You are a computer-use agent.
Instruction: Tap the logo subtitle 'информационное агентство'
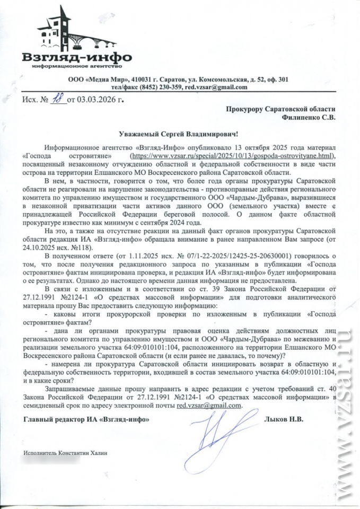point(77,66)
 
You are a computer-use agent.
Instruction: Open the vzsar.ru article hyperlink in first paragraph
point(233,157)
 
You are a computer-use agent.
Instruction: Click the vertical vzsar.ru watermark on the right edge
point(347,403)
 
